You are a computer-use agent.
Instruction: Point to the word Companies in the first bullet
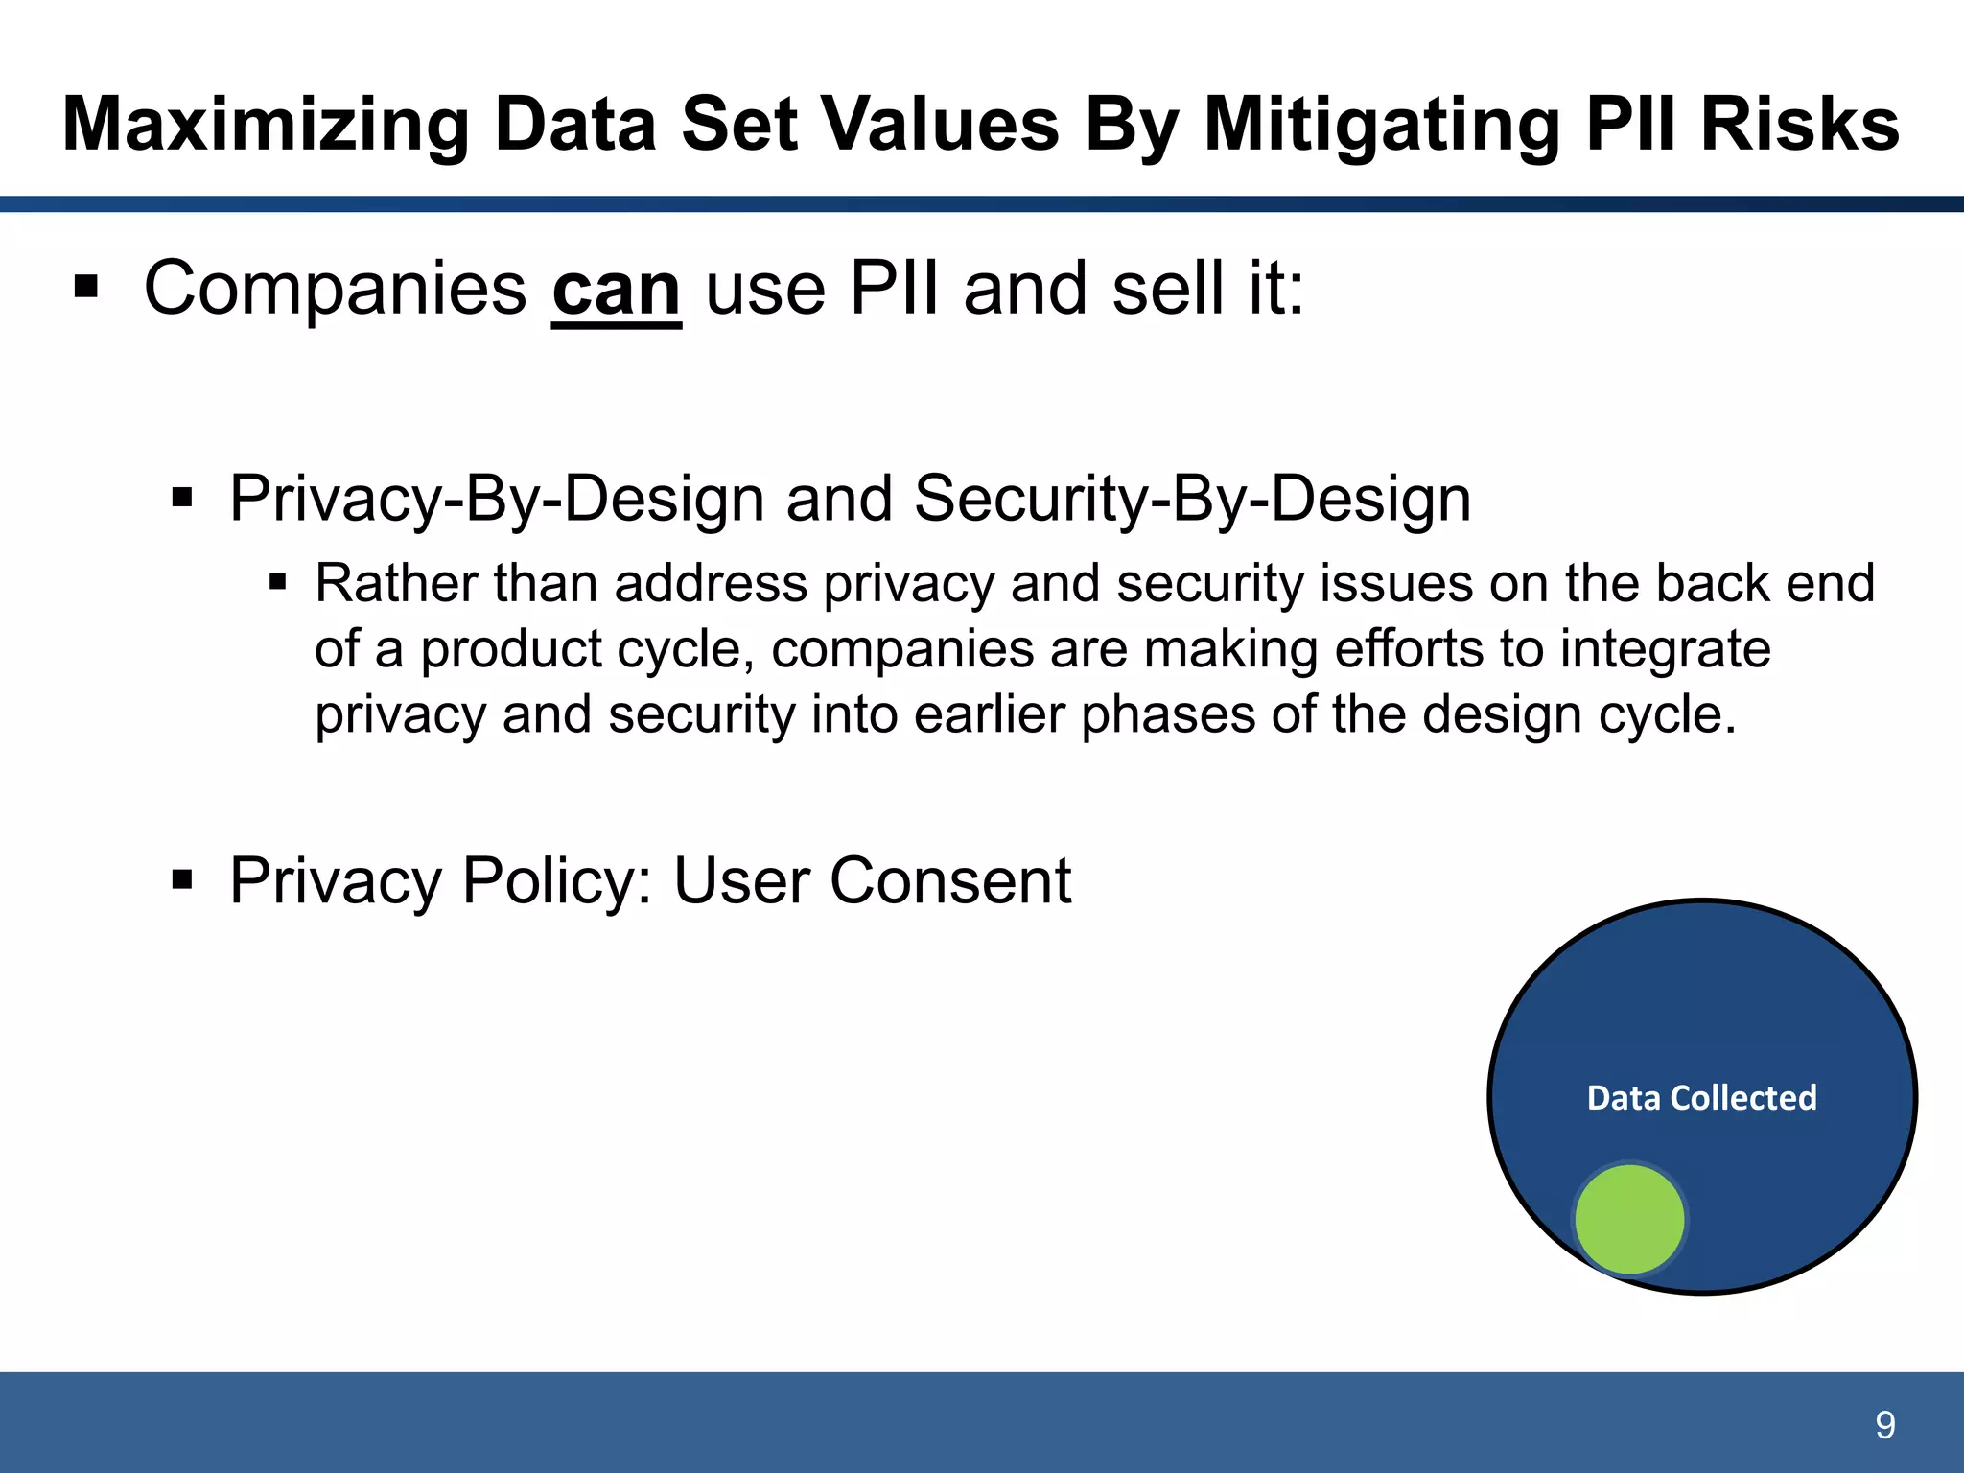pos(335,289)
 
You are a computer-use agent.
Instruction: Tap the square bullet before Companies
pos(86,287)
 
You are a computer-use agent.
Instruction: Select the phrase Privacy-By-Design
pos(496,499)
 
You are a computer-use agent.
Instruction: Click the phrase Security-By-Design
pos(1192,499)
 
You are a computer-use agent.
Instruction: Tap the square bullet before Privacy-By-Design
pos(182,498)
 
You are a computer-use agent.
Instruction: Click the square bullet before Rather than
pos(278,582)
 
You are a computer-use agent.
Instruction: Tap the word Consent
pos(949,880)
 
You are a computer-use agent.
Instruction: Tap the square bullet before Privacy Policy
pos(182,879)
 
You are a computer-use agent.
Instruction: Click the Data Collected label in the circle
pos(1701,1097)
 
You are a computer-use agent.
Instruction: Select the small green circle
pos(1629,1219)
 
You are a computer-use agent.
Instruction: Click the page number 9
pos(1884,1425)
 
